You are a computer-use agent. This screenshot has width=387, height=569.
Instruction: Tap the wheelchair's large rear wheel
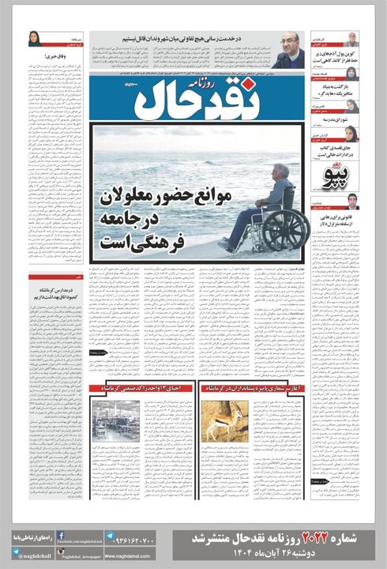click(x=285, y=229)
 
